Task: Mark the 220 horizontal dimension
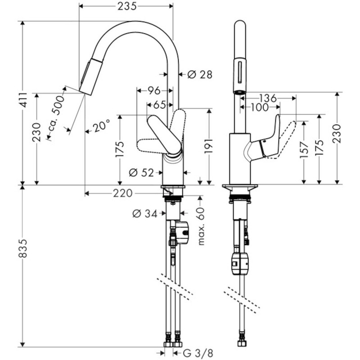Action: pyautogui.click(x=123, y=193)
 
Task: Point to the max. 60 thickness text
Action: pyautogui.click(x=201, y=227)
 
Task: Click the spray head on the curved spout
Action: pyautogui.click(x=90, y=76)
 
